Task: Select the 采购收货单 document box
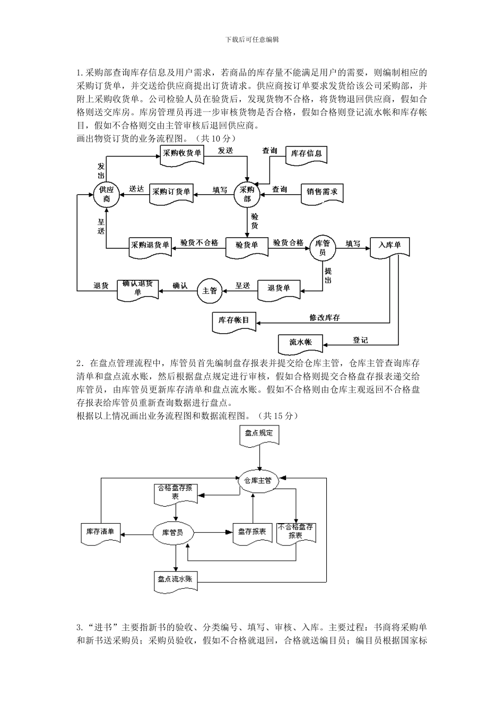click(x=182, y=153)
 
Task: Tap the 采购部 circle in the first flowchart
click(x=247, y=194)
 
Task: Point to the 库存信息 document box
click(x=306, y=154)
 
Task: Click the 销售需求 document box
click(x=322, y=192)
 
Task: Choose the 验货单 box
click(x=247, y=245)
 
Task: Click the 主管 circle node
click(x=210, y=291)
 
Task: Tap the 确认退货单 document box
click(x=137, y=288)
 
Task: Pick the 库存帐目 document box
click(x=234, y=320)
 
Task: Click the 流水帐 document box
click(x=301, y=343)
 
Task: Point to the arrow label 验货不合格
click(x=199, y=243)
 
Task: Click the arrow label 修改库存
click(x=325, y=318)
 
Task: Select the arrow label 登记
click(x=360, y=340)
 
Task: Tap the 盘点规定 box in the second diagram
click(x=259, y=433)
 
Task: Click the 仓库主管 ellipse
click(x=257, y=481)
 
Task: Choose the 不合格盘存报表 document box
click(x=296, y=532)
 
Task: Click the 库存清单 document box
click(x=100, y=532)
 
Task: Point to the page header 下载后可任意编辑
click(x=252, y=39)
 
